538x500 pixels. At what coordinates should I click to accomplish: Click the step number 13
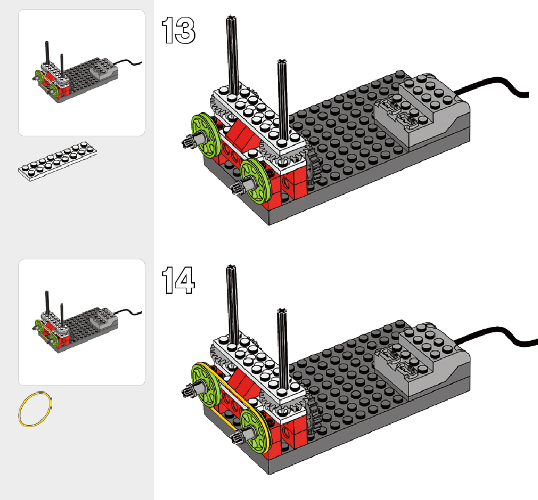[179, 31]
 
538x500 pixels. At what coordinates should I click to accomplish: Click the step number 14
[179, 280]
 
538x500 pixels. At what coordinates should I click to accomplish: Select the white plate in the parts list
[57, 161]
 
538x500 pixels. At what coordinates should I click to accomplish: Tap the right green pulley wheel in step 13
[255, 177]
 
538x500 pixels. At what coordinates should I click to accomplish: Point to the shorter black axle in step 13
[281, 97]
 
